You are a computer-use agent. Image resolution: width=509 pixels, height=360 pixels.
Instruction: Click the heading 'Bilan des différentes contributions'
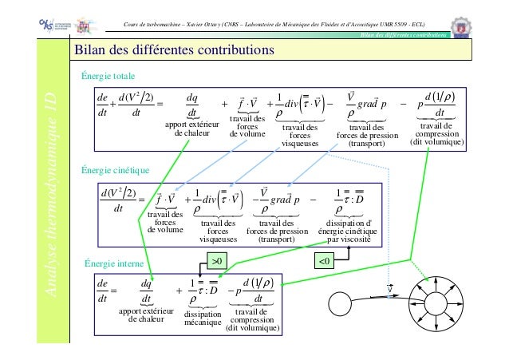coord(175,52)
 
